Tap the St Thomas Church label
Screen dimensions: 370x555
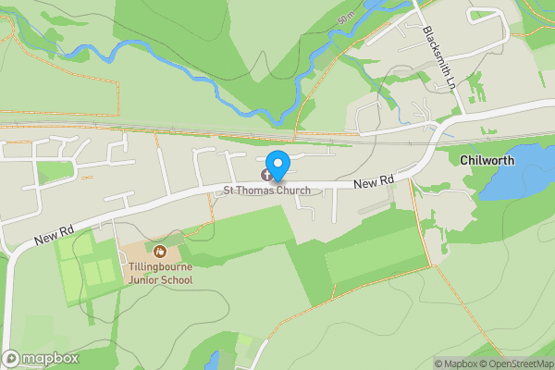(265, 191)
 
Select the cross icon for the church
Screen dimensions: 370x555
(267, 174)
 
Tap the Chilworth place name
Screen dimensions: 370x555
(487, 160)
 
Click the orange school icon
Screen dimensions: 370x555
(160, 251)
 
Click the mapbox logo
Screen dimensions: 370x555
(41, 358)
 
